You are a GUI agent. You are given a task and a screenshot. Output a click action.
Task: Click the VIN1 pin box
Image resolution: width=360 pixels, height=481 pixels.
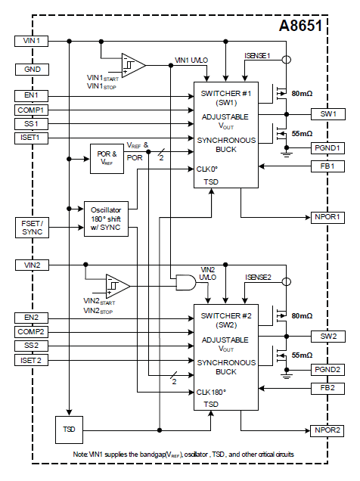click(x=31, y=41)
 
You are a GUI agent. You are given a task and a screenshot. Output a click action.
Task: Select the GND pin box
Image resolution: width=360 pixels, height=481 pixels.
click(x=32, y=70)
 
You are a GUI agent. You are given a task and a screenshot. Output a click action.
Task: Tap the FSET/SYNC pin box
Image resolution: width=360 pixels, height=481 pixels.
click(x=32, y=228)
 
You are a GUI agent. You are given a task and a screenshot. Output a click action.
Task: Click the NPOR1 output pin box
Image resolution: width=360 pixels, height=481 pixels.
click(x=327, y=218)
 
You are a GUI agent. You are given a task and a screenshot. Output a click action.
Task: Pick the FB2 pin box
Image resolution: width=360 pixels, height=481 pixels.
click(x=327, y=389)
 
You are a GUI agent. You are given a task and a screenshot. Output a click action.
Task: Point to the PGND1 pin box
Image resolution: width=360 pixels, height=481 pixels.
click(x=327, y=148)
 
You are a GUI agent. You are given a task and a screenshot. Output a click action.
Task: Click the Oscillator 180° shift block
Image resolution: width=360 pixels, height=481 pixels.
click(x=106, y=219)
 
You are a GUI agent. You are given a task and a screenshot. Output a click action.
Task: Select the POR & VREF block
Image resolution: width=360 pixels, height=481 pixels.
click(x=107, y=159)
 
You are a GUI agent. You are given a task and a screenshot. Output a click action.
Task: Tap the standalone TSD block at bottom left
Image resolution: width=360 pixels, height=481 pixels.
click(x=69, y=430)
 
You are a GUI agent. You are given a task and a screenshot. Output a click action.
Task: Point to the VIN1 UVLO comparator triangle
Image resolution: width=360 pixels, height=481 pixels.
click(x=133, y=65)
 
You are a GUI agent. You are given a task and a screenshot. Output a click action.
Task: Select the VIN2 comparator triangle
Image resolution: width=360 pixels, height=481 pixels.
click(x=118, y=286)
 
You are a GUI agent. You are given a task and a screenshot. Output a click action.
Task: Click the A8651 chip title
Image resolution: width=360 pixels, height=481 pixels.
click(x=300, y=26)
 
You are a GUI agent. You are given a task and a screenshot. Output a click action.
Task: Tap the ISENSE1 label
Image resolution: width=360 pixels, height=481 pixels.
click(x=257, y=56)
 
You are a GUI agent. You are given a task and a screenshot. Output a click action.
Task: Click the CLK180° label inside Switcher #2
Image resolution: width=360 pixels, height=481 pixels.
click(x=211, y=393)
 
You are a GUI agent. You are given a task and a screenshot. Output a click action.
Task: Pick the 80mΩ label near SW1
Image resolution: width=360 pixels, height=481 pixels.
click(x=302, y=94)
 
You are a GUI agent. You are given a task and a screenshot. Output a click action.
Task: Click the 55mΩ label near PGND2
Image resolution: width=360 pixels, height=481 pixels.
click(x=302, y=355)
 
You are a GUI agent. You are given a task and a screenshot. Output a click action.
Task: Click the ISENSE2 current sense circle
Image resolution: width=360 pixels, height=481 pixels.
click(x=287, y=282)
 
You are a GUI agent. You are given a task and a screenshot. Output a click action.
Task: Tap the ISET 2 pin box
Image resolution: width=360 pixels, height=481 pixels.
click(x=31, y=361)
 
